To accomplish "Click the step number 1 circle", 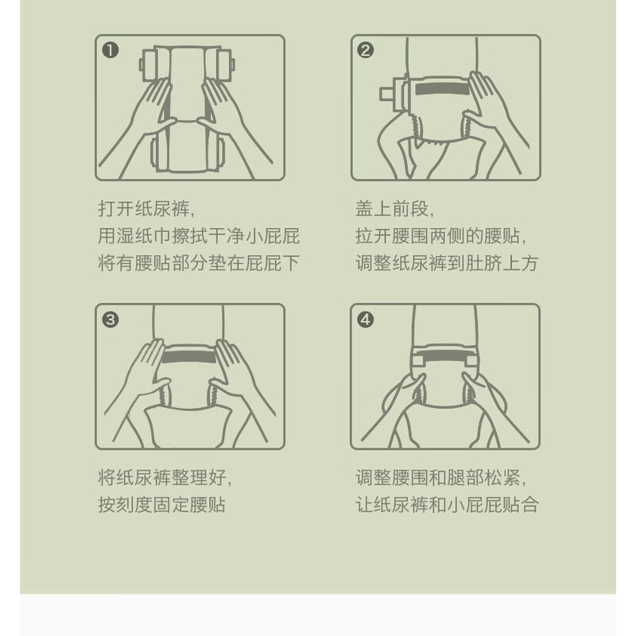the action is [x=111, y=51].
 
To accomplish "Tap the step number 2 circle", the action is [x=366, y=50].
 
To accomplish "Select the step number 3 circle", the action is [x=111, y=320].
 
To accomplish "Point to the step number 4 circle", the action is [x=366, y=320].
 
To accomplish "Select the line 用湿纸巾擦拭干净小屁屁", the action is [x=199, y=236].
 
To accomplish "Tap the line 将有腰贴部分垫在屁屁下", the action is [x=199, y=263].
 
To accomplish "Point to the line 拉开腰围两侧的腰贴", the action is [x=441, y=236].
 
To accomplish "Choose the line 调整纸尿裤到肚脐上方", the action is [x=447, y=263].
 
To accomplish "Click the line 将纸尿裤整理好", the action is [x=165, y=478].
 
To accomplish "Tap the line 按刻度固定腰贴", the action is [x=162, y=505].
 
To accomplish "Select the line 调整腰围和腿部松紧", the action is [x=441, y=478].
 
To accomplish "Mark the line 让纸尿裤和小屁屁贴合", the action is [x=447, y=505].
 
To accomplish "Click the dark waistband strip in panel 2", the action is [x=442, y=89].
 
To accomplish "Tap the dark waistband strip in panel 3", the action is [x=188, y=357].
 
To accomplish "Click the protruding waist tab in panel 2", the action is [x=386, y=94].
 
